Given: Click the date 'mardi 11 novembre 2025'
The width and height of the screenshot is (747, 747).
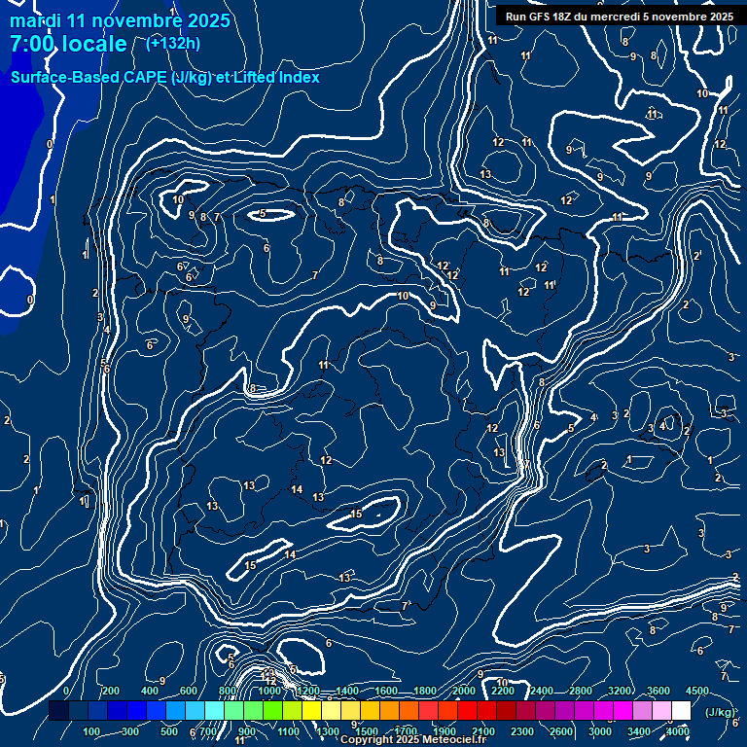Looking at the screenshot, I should click(x=120, y=20).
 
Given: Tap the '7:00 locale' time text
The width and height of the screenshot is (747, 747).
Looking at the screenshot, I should click(x=68, y=44).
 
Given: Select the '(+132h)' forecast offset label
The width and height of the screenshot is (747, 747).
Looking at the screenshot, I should click(x=173, y=43).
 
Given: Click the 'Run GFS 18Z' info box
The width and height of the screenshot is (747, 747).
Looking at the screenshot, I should click(x=619, y=17).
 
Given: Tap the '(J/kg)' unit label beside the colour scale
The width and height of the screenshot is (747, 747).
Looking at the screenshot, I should click(x=718, y=712).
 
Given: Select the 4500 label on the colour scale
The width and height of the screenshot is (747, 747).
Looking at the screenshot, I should click(x=696, y=691).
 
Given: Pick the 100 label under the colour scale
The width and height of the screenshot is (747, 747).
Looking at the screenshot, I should click(x=91, y=731).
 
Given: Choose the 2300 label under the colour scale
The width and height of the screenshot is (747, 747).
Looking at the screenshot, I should click(x=521, y=731).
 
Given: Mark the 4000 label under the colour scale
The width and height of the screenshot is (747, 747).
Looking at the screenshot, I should click(x=678, y=731).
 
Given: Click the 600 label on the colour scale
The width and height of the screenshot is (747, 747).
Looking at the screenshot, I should click(x=188, y=691).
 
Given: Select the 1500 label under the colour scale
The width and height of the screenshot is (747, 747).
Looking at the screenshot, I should click(x=366, y=731).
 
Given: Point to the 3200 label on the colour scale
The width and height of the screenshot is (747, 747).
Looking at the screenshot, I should click(x=619, y=691).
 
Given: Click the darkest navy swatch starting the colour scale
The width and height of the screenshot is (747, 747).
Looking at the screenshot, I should click(x=58, y=712).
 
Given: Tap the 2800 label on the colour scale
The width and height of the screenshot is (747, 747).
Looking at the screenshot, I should click(x=580, y=691).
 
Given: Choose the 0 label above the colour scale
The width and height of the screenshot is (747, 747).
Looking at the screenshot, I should click(x=66, y=691).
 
